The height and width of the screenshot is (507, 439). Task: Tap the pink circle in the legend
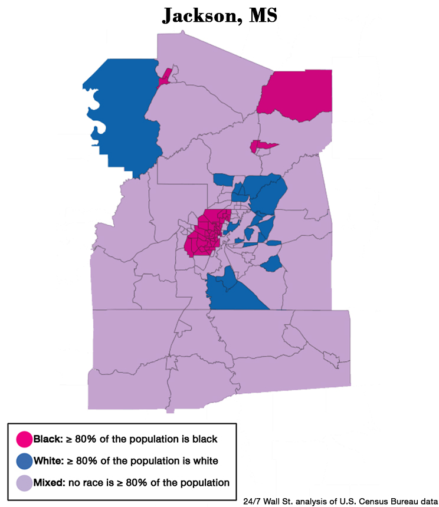point(24,439)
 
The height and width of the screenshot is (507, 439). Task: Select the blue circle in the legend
point(24,460)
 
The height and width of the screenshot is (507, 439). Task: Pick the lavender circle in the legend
point(24,482)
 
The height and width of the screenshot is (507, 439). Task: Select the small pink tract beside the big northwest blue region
point(165,77)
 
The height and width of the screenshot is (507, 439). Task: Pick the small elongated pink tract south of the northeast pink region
point(263,145)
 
